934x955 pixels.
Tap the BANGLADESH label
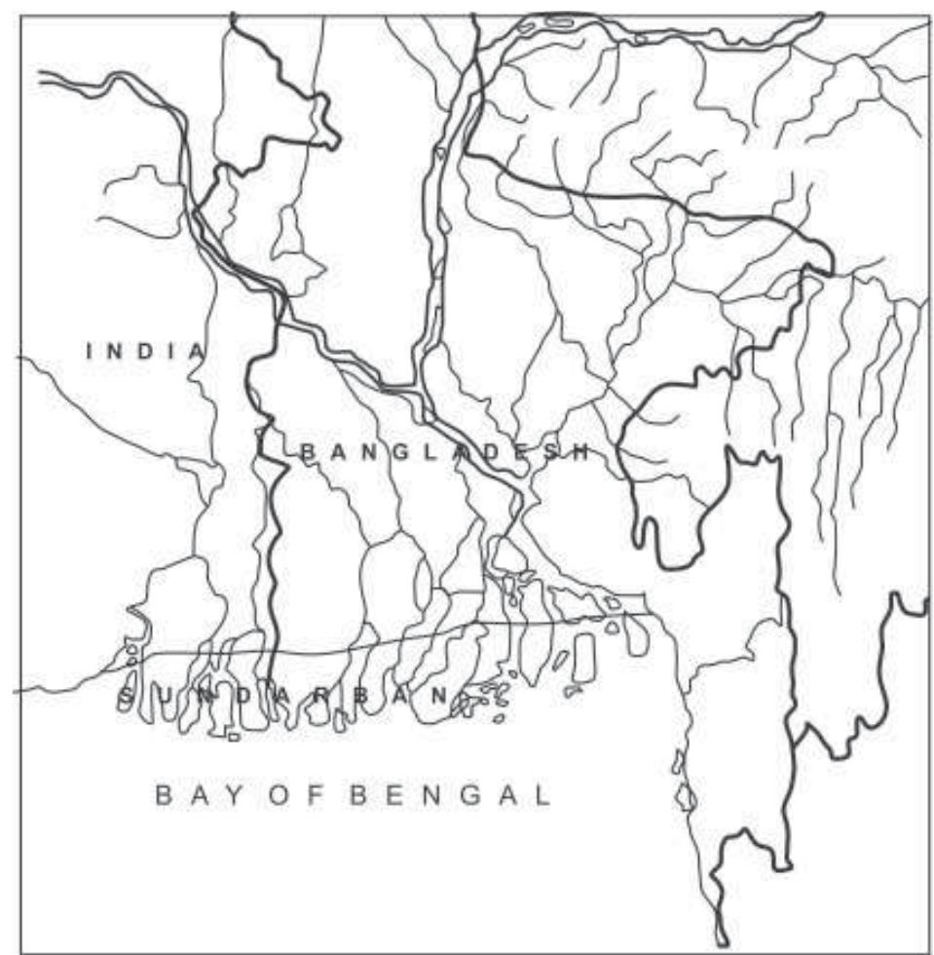(x=445, y=452)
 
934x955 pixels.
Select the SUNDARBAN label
(x=286, y=696)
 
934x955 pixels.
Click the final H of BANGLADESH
(x=581, y=452)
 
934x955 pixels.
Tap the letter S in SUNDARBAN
(x=127, y=696)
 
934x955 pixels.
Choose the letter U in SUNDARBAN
(x=166, y=696)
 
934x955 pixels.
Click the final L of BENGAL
(x=542, y=796)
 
